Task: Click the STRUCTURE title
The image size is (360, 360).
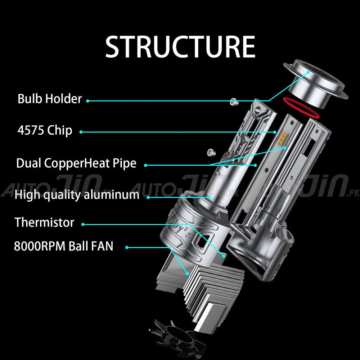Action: point(180,46)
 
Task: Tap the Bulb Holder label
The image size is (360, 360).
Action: point(50,99)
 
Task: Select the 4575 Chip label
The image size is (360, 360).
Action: point(45,130)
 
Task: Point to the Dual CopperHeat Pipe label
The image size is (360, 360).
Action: point(76,163)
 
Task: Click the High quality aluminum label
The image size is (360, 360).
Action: point(77,195)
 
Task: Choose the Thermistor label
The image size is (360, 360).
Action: point(44,222)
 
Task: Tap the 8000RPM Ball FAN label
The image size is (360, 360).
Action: point(64,246)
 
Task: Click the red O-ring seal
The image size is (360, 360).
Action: point(301,108)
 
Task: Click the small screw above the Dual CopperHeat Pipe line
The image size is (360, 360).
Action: point(211,152)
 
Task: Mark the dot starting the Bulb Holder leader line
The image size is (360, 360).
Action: point(87,101)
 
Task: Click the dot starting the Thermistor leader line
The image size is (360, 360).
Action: point(83,224)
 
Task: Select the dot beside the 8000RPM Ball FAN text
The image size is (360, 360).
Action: point(127,247)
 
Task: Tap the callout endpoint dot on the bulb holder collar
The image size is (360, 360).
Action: point(308,72)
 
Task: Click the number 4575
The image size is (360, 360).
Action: point(31,130)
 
